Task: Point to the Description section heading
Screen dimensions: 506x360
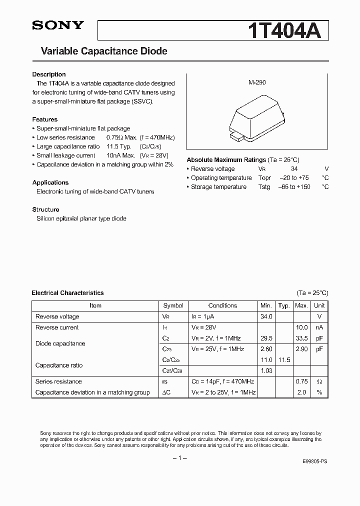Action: [49, 74]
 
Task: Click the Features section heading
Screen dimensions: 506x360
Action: [44, 119]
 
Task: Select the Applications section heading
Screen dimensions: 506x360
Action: [50, 182]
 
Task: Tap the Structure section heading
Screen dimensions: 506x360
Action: [45, 209]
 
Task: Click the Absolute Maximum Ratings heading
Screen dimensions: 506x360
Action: [226, 160]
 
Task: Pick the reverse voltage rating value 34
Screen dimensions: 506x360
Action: [294, 169]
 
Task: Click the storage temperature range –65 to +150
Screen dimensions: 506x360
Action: [294, 187]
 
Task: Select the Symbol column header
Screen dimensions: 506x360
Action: [173, 305]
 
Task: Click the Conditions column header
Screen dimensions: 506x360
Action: [222, 305]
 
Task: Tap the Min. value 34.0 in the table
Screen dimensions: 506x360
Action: [266, 316]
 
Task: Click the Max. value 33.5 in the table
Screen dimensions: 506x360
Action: [301, 338]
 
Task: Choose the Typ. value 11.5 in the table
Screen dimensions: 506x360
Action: [284, 360]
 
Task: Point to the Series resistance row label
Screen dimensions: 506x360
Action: [58, 381]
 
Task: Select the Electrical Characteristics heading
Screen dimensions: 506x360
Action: [67, 293]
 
